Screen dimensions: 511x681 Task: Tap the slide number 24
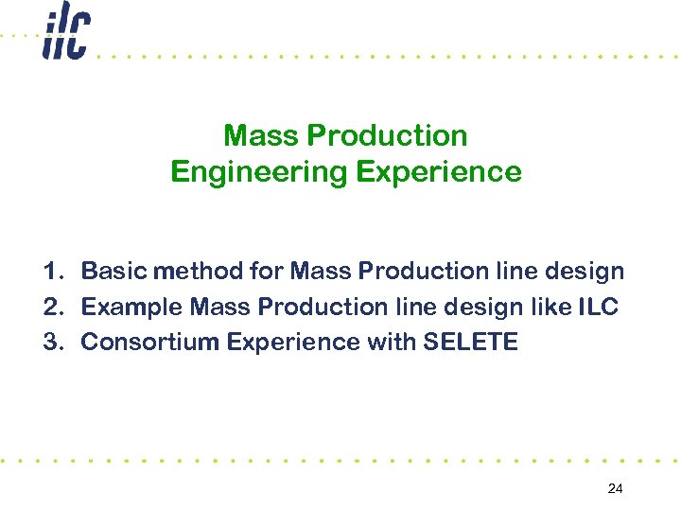615,488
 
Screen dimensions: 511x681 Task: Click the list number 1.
52,272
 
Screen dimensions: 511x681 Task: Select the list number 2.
52,307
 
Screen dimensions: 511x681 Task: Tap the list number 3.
52,342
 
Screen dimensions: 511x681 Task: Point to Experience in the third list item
287,342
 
